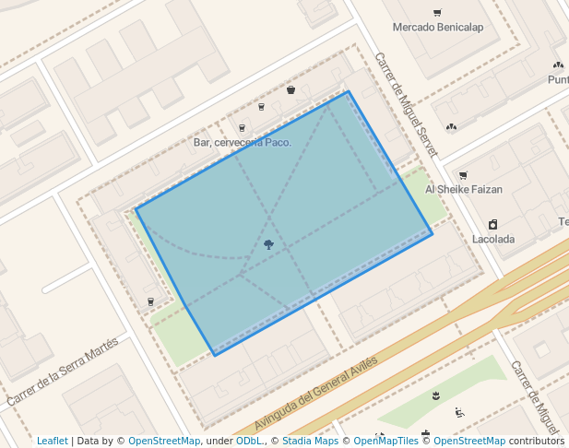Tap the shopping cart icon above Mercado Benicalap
[436, 13]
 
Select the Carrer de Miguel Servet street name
[406, 103]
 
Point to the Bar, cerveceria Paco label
[243, 142]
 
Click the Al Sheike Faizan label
[463, 189]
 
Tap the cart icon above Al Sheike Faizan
[463, 175]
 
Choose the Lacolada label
[493, 239]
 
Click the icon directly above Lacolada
[493, 224]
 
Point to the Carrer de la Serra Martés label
[63, 372]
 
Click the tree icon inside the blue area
[268, 244]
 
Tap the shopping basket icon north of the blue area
[290, 89]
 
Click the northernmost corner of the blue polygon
[348, 91]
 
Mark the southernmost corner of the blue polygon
[214, 355]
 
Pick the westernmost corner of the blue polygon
[136, 209]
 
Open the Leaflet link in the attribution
[52, 441]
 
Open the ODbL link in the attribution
[248, 441]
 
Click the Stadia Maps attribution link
[310, 441]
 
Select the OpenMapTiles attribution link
[385, 441]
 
